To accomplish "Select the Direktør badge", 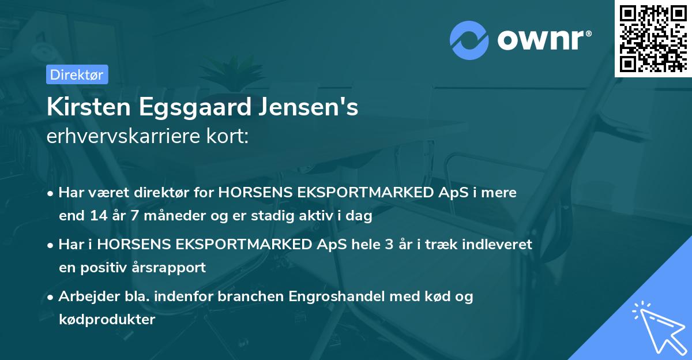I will tap(77, 74).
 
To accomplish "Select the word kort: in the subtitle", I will tap(228, 136).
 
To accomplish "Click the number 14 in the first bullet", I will tap(97, 216).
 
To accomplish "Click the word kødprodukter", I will tap(107, 320).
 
